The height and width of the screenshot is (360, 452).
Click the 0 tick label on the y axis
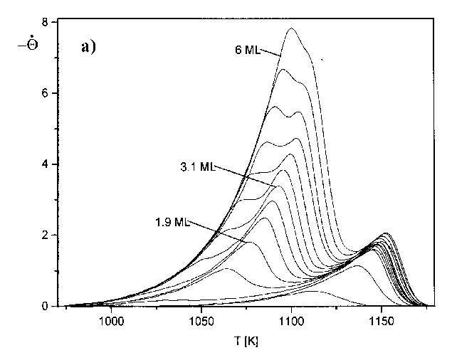[x=46, y=307]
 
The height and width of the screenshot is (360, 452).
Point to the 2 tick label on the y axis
[x=46, y=235]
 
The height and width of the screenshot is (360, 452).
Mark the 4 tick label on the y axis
[x=46, y=164]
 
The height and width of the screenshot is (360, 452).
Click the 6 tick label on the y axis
[x=46, y=93]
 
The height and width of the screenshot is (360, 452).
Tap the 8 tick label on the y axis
[x=46, y=23]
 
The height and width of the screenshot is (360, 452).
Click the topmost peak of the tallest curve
[x=291, y=29]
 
